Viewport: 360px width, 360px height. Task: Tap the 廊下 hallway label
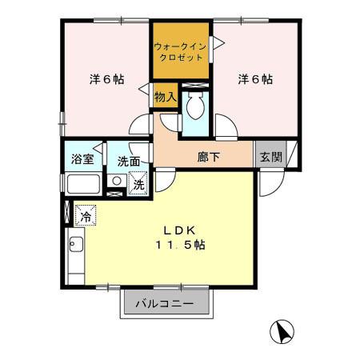pos(210,157)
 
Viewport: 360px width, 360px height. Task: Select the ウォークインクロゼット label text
pos(180,53)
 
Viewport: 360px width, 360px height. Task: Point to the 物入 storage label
pos(164,96)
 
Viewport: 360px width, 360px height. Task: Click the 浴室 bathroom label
pos(82,158)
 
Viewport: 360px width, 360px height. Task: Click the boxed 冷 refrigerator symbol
pos(85,215)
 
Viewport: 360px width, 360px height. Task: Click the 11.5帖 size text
pos(180,246)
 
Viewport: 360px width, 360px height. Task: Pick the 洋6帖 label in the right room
pos(255,79)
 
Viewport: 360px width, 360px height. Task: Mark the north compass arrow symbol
pos(282,330)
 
